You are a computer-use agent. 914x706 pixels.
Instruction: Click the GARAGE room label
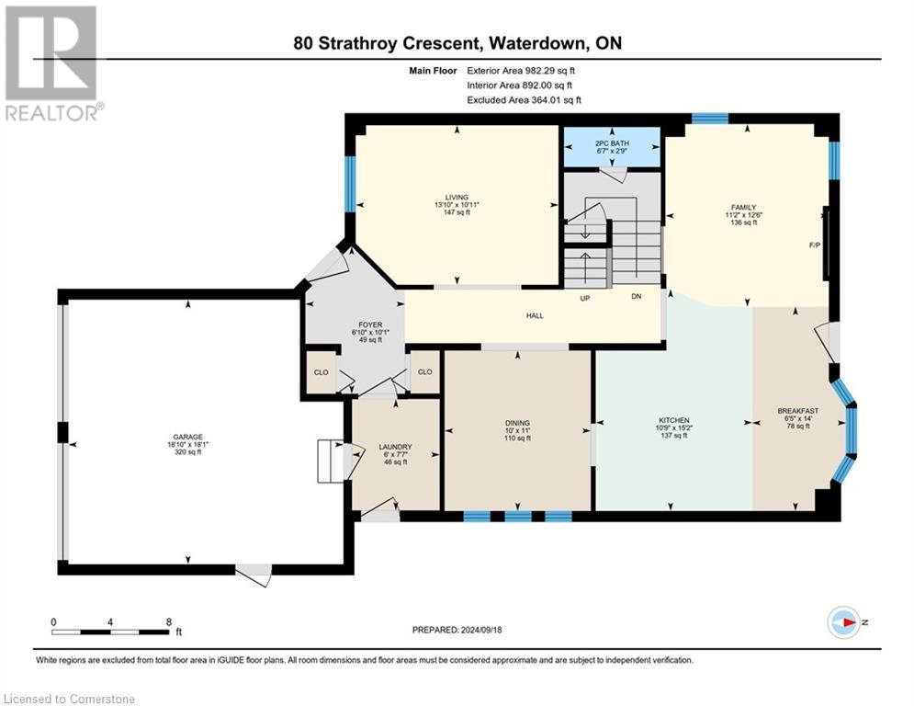pyautogui.click(x=187, y=437)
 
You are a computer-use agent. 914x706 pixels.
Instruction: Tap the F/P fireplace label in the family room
pyautogui.click(x=814, y=245)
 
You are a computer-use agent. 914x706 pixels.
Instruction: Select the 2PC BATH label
pyautogui.click(x=612, y=143)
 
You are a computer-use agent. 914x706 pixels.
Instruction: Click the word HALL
pyautogui.click(x=535, y=315)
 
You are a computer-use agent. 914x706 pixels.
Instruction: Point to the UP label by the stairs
pyautogui.click(x=584, y=298)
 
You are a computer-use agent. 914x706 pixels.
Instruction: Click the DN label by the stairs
pyautogui.click(x=636, y=296)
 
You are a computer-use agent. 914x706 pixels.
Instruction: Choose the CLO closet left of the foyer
pyautogui.click(x=322, y=372)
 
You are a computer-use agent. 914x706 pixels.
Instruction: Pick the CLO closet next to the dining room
pyautogui.click(x=425, y=371)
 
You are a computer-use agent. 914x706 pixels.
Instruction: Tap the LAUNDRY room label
pyautogui.click(x=395, y=447)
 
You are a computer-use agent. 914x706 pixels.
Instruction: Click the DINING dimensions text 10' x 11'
pyautogui.click(x=517, y=430)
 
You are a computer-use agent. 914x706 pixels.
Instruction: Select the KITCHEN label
pyautogui.click(x=674, y=420)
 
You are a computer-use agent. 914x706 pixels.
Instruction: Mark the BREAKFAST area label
pyautogui.click(x=798, y=411)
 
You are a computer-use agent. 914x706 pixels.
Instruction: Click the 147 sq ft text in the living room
pyautogui.click(x=457, y=212)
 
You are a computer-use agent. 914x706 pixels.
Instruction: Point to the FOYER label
pyautogui.click(x=370, y=325)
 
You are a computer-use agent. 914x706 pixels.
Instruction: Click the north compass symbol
pyautogui.click(x=844, y=622)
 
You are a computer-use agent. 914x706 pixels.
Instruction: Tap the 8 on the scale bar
pyautogui.click(x=169, y=622)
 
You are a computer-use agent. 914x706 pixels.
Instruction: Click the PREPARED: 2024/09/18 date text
pyautogui.click(x=457, y=630)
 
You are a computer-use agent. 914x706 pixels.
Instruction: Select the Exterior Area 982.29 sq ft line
pyautogui.click(x=521, y=71)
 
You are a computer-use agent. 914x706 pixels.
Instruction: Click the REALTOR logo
pyautogui.click(x=52, y=63)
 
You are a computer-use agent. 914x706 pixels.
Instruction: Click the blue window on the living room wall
pyautogui.click(x=350, y=185)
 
